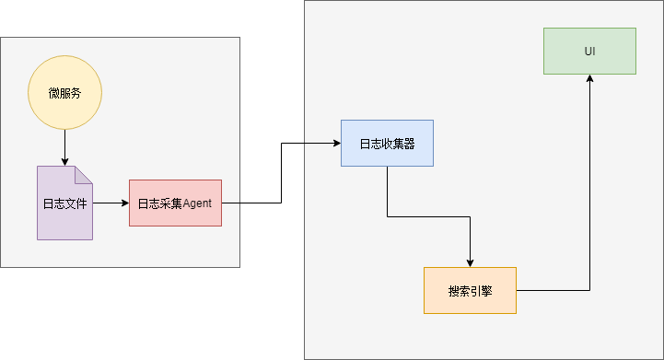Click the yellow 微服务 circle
pyautogui.click(x=64, y=93)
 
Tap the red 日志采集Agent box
pyautogui.click(x=175, y=203)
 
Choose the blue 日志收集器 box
pyautogui.click(x=387, y=143)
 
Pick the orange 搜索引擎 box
pyautogui.click(x=470, y=290)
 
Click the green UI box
pyautogui.click(x=589, y=51)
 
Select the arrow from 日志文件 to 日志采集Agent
pyautogui.click(x=111, y=203)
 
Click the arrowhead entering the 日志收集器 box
pyautogui.click(x=335, y=143)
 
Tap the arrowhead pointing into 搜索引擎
pyautogui.click(x=470, y=262)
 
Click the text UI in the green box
pyautogui.click(x=589, y=51)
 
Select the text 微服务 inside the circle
pyautogui.click(x=64, y=93)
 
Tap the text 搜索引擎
pyautogui.click(x=470, y=290)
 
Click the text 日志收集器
pyautogui.click(x=387, y=143)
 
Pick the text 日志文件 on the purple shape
pyautogui.click(x=64, y=203)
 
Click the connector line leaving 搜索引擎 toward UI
pyautogui.click(x=553, y=290)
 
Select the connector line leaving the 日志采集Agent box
pyautogui.click(x=250, y=203)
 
